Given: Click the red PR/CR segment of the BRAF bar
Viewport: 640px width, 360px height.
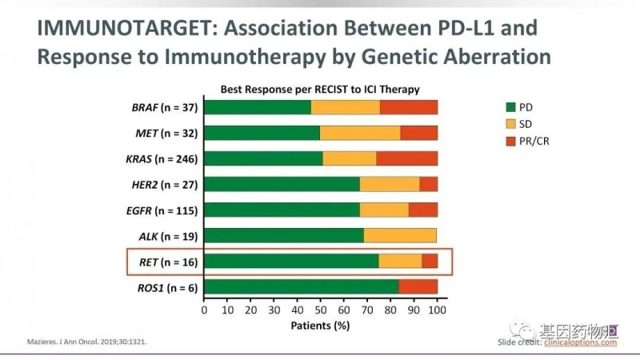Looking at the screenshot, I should click(409, 107).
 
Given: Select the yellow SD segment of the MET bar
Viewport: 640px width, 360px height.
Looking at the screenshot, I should click(360, 133).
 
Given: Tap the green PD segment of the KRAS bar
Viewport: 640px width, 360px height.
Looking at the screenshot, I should click(263, 158).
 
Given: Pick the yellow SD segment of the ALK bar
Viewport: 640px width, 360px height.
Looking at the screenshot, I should click(400, 235).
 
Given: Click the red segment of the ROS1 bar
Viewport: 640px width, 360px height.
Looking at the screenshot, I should click(418, 286).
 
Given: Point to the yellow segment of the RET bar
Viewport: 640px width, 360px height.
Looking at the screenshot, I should click(400, 261).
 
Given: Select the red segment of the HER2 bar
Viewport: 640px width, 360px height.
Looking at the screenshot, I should click(428, 184).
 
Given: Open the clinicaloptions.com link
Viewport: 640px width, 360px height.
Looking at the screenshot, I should click(582, 342).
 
